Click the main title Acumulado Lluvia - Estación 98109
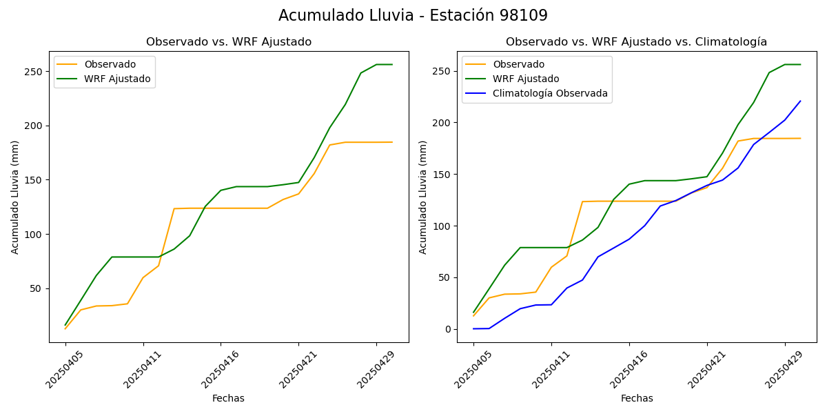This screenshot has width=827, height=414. click(413, 16)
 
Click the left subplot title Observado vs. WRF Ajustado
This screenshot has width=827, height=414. click(229, 42)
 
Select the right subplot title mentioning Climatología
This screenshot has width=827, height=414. click(636, 42)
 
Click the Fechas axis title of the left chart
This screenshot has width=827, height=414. click(228, 398)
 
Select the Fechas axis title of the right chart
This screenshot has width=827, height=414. click(637, 398)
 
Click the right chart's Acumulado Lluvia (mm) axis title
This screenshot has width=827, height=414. click(423, 197)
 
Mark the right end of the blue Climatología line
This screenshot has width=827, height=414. click(800, 101)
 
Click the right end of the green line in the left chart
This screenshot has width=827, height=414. click(392, 65)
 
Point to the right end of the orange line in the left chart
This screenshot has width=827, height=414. click(392, 142)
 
